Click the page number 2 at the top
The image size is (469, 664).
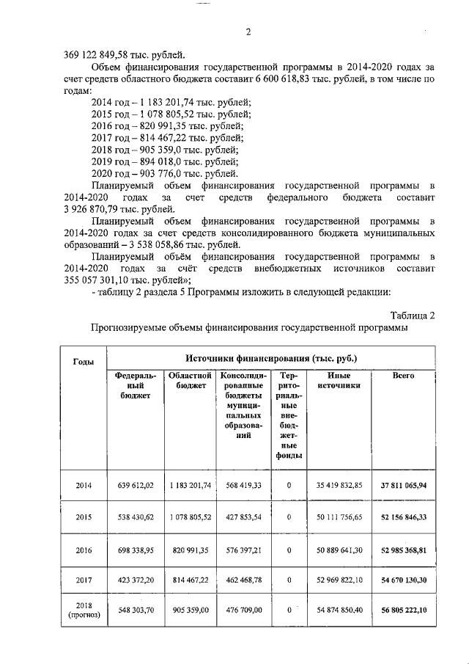[x=248, y=32]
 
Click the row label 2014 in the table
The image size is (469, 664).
[x=84, y=485]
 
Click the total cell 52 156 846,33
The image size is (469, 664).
[x=403, y=517]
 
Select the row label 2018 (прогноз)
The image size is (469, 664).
[x=84, y=610]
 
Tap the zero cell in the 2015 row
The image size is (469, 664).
[x=289, y=517]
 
